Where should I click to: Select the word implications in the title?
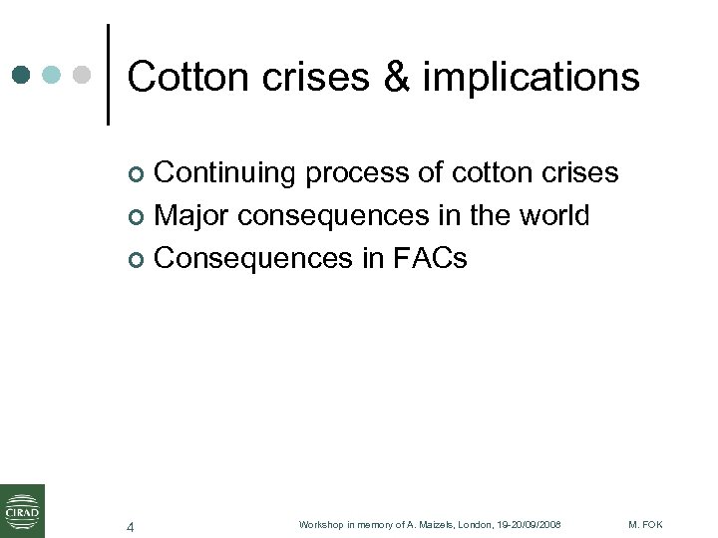point(531,76)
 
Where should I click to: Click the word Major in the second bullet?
point(192,215)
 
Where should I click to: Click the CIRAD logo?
point(22,510)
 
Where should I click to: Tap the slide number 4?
point(130,526)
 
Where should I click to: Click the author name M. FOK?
point(646,525)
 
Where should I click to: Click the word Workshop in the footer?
point(321,525)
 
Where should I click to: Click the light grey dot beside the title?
point(83,75)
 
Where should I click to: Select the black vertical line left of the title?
point(108,75)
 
